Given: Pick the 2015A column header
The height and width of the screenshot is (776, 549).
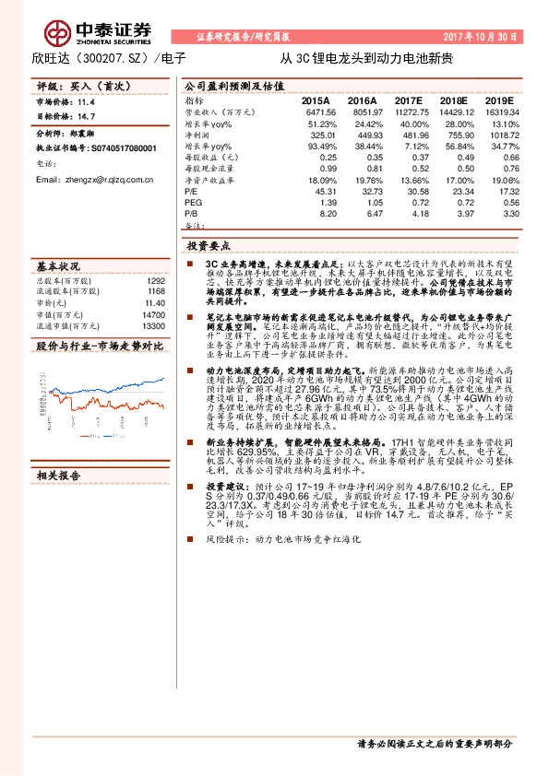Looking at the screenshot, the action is [316, 99].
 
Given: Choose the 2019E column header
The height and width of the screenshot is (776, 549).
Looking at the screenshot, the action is [499, 99].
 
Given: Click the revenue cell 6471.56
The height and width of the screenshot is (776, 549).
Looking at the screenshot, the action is [316, 111].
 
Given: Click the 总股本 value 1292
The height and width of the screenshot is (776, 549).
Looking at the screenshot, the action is [155, 280].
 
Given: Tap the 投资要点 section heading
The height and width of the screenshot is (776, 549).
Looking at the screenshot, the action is [208, 247].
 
